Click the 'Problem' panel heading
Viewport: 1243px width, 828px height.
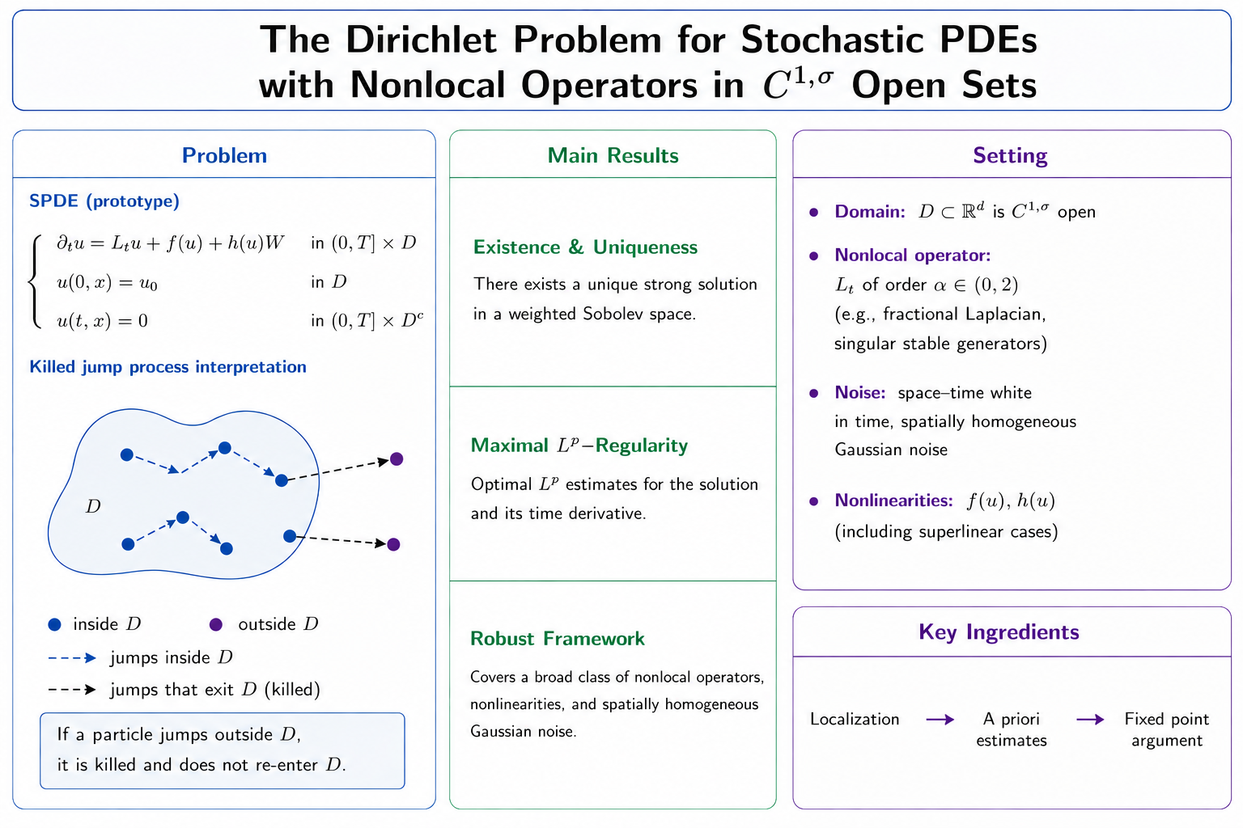(224, 156)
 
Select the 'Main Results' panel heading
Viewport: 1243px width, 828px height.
(613, 156)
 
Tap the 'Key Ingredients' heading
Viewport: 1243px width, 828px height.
(999, 632)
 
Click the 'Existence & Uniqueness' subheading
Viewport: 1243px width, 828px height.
(585, 247)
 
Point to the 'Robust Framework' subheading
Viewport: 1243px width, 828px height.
(557, 639)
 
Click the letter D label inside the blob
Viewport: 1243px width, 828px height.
(93, 506)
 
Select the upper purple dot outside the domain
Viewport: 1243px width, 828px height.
(397, 459)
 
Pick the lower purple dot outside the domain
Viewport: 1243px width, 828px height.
(393, 545)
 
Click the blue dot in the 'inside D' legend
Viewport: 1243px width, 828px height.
(54, 625)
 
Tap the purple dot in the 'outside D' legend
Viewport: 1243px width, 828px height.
(216, 625)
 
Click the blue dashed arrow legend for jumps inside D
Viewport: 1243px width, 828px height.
(72, 658)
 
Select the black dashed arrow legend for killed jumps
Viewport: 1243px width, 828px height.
(72, 690)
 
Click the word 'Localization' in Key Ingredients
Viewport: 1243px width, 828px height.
(855, 720)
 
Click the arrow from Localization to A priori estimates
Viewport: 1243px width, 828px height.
(940, 720)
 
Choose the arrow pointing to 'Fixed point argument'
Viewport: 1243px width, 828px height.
(1090, 720)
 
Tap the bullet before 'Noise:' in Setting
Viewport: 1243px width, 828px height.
(814, 393)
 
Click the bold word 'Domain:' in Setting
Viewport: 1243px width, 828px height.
(870, 212)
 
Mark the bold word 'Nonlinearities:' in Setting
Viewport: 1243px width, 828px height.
(894, 501)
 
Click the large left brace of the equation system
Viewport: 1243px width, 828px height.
(35, 282)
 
